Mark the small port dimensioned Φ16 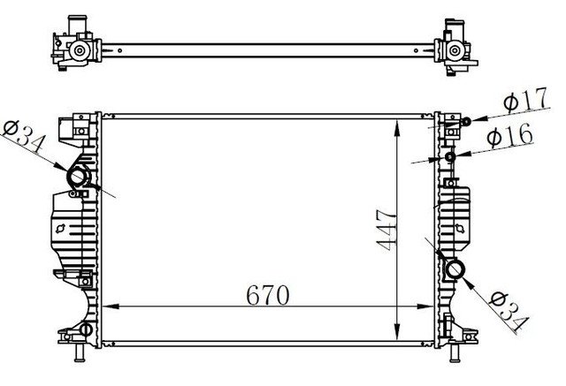coord(450,157)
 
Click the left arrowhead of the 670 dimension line coord(109,307)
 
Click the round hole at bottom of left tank coord(85,331)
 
